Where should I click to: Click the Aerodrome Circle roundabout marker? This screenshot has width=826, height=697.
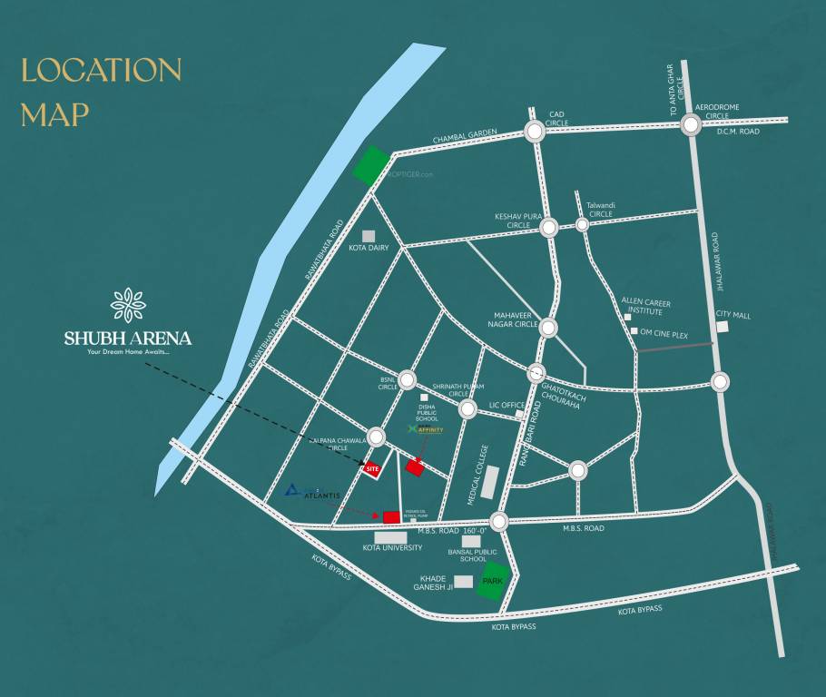coord(691,125)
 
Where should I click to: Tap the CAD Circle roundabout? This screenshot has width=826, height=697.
coord(534,133)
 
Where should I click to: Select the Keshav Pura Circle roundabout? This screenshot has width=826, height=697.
coord(548,229)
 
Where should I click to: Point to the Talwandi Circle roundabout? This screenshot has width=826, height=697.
coord(583,224)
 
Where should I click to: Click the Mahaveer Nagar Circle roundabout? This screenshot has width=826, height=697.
coord(548,328)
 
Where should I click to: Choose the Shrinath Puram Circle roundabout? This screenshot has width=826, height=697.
coord(467,410)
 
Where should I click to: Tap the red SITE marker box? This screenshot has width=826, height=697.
coord(371,469)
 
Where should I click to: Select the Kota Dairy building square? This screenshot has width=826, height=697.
coord(369,235)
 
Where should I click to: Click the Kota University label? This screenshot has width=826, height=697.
coord(392,548)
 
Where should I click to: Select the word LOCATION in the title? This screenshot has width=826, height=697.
coord(102,71)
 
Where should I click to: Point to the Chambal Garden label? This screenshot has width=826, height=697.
coord(465,135)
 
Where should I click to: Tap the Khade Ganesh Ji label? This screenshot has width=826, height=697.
coord(436,583)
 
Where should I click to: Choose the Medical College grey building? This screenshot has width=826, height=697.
coord(489,481)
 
